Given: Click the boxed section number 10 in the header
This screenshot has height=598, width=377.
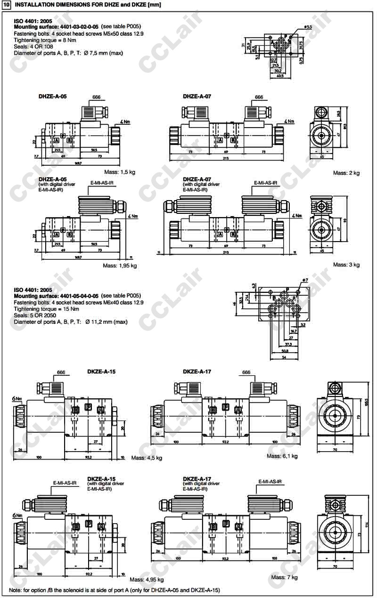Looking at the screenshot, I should coord(7,5).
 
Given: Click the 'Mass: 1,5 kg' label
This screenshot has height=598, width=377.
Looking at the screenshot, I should coord(120,173).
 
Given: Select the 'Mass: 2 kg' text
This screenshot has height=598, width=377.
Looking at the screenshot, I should coord(346,173).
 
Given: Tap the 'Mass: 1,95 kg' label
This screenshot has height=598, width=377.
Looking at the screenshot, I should coord(120,266).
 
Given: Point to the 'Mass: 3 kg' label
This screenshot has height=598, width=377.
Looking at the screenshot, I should coord(346,265).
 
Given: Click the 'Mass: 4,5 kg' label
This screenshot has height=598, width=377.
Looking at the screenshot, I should coord(147,457).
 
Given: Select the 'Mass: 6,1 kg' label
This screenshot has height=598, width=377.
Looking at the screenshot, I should coord(282,456).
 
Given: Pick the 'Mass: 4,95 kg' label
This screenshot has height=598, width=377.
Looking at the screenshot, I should coord(147,580).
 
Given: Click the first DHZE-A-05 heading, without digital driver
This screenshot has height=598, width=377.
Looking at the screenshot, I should coord(52,96).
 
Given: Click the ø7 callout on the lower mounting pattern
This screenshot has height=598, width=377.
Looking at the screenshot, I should coord(305,280).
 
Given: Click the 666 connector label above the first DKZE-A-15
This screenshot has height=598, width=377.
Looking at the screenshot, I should coord(61,372).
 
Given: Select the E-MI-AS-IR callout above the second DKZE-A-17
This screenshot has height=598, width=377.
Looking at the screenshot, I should coord(270,482).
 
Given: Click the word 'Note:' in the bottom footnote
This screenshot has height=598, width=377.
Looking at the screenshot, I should coord(16,590).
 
